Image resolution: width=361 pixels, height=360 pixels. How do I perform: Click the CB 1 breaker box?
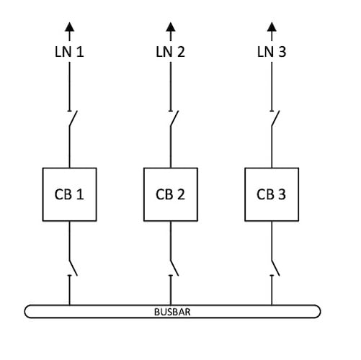(x=69, y=194)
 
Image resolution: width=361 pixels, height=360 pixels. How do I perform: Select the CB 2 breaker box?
(x=171, y=194)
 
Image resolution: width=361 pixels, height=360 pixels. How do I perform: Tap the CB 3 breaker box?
(x=271, y=194)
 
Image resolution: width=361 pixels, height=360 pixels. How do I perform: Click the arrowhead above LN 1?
(x=69, y=27)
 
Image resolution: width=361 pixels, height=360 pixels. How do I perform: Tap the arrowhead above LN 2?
(x=171, y=27)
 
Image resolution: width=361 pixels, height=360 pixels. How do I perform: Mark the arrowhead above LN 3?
(x=272, y=27)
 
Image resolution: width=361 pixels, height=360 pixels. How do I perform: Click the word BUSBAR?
(x=171, y=312)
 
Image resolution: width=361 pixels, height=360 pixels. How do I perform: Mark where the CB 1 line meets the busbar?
(x=69, y=306)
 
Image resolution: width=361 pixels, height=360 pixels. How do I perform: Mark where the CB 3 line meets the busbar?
(x=272, y=306)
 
